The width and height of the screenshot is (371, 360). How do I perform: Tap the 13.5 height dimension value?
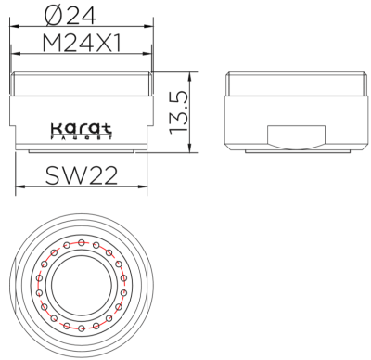click(183, 109)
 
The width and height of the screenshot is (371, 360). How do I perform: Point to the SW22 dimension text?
click(82, 174)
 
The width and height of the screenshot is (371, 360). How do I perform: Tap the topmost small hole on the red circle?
click(82, 242)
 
